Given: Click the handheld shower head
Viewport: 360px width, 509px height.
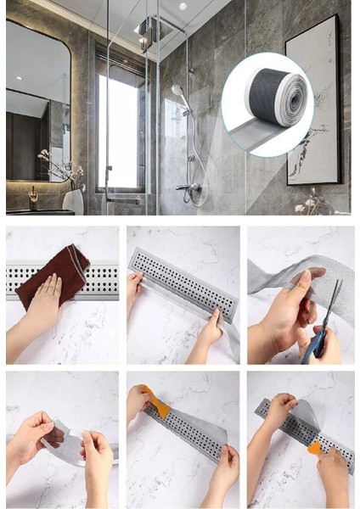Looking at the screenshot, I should tap(177, 89).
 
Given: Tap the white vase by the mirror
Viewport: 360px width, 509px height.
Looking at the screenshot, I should tap(74, 200).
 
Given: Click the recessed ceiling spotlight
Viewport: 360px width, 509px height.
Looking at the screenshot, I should tap(183, 6).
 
